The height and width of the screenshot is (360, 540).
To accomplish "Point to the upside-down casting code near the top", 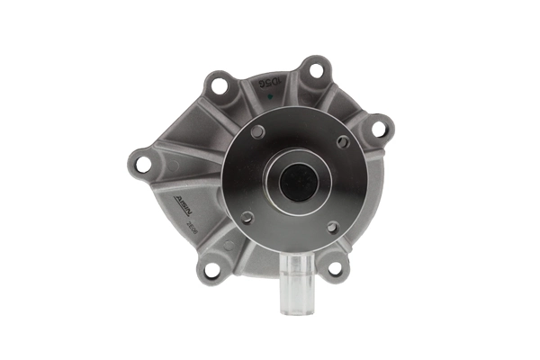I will [269, 84].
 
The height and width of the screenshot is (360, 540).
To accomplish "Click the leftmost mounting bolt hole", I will [143, 164].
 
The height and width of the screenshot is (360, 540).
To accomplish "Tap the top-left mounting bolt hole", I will [217, 86].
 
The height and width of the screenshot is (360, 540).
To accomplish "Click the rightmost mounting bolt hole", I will [379, 129].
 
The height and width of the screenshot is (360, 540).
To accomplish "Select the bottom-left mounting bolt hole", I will [211, 268].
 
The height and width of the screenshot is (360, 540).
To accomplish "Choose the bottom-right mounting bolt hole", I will [335, 267].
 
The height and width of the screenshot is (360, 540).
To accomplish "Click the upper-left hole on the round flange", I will [258, 132].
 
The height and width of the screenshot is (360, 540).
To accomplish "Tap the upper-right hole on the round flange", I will [344, 141].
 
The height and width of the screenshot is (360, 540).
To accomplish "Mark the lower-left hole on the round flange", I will [247, 217].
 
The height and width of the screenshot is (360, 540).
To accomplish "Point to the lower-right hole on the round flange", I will [332, 227].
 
